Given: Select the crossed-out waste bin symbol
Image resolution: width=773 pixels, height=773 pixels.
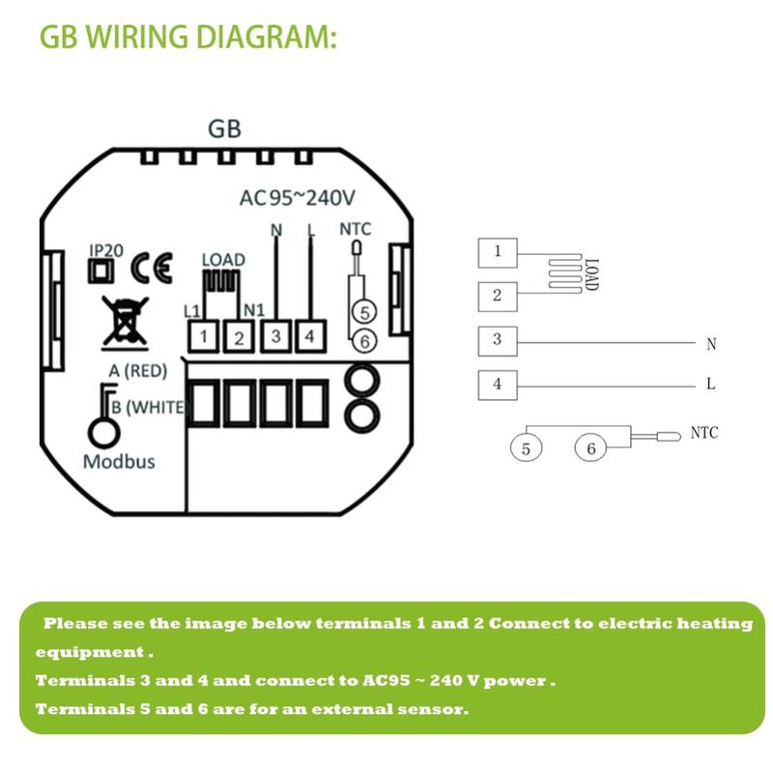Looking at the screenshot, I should (120, 321).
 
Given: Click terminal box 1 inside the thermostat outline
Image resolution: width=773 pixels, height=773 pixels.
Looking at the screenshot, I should (205, 335).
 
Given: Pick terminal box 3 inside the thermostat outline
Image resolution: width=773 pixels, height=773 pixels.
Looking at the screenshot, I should (276, 335).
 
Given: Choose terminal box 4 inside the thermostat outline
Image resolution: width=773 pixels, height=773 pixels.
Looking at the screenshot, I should (309, 335).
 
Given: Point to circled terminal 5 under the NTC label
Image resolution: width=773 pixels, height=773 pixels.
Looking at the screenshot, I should (361, 311).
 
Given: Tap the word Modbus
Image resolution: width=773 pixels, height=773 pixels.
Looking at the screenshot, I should (118, 461).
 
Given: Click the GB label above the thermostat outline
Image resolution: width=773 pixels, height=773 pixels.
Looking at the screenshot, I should (224, 129).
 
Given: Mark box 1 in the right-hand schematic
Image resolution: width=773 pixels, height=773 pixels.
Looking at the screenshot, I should (498, 252).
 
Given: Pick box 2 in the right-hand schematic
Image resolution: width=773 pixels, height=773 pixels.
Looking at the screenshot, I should (498, 295).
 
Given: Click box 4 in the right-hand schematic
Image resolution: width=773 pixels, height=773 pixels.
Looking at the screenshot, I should (498, 384).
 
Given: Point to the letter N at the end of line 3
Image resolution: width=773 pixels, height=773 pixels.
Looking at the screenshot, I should (711, 344).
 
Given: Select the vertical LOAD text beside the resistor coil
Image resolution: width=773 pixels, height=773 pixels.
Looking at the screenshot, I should (592, 273).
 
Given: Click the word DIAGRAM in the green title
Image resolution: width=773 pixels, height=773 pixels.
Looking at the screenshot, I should (266, 38).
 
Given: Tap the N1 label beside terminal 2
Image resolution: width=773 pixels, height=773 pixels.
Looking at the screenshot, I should (255, 309).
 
